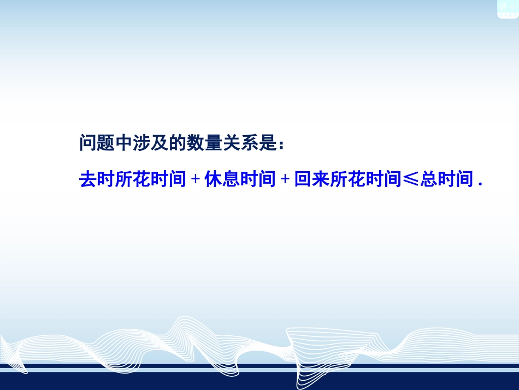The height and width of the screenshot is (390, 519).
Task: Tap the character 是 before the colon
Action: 267,143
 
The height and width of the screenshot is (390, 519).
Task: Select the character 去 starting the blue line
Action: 88,179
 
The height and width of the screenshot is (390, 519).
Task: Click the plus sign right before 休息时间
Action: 196,179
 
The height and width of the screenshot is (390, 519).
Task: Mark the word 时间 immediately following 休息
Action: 258,179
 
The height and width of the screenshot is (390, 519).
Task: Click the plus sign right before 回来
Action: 285,179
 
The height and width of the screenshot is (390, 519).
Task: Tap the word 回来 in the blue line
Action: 311,179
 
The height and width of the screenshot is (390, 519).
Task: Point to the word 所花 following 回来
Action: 347,179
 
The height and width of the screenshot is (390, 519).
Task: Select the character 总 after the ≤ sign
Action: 428,179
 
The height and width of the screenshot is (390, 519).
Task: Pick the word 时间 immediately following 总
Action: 455,179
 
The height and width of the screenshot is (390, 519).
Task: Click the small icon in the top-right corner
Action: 507,8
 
